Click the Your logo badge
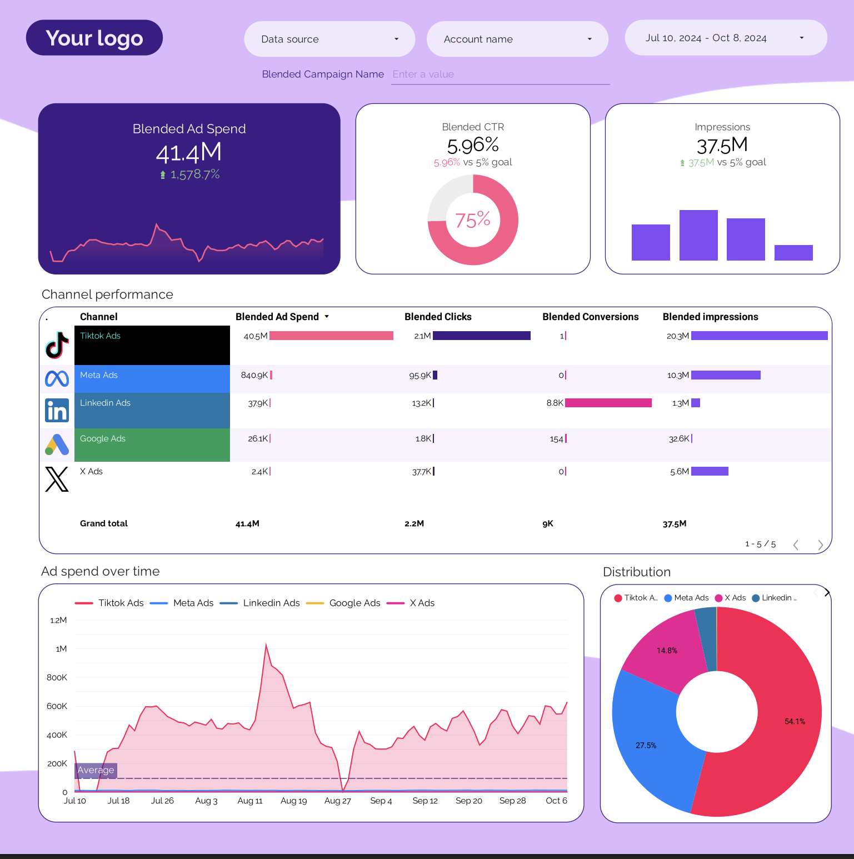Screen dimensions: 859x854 (x=94, y=38)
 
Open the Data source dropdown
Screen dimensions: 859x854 (x=329, y=39)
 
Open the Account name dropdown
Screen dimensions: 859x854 (x=517, y=39)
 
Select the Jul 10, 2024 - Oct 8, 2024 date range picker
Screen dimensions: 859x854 (x=725, y=38)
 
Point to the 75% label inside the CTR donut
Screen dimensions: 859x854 (x=473, y=220)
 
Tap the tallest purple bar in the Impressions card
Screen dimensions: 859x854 (x=698, y=235)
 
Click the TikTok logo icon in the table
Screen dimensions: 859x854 (x=57, y=345)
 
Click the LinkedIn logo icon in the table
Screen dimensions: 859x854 (x=57, y=411)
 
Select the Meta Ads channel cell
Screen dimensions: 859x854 (x=152, y=378)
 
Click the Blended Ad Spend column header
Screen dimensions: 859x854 (x=277, y=317)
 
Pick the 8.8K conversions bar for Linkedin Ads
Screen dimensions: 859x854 (x=608, y=403)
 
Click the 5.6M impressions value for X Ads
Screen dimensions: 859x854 (x=679, y=472)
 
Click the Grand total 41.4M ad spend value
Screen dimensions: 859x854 (x=247, y=523)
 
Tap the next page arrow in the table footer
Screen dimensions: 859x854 (x=820, y=545)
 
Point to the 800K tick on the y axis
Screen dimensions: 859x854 (x=57, y=677)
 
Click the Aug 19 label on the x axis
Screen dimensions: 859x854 (x=293, y=801)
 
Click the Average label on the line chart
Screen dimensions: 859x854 (x=96, y=770)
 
